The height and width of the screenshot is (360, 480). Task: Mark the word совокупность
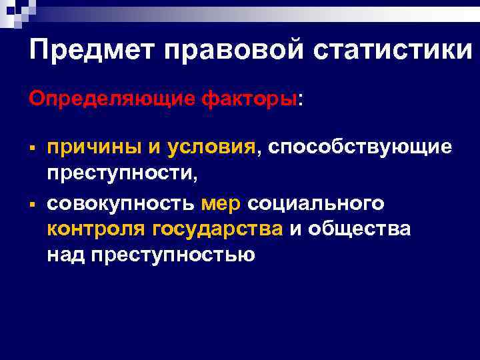pos(121,202)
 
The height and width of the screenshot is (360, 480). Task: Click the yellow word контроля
pos(97,229)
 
